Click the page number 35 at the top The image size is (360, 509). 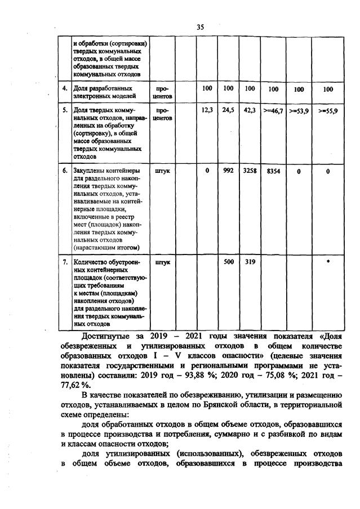200,27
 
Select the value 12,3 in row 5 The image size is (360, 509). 207,111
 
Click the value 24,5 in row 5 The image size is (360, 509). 228,111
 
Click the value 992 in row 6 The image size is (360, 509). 228,169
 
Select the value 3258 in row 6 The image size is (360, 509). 250,169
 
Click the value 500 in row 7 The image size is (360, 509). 228,262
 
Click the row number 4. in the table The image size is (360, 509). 65,88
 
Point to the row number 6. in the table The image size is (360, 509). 65,169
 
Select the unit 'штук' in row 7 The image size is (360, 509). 162,262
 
